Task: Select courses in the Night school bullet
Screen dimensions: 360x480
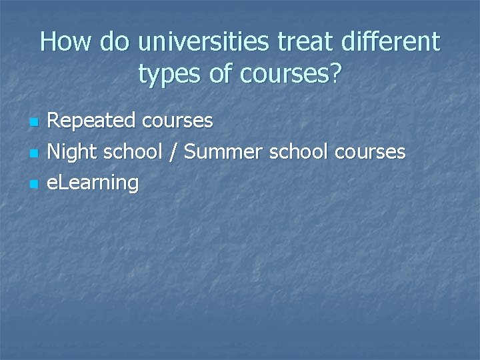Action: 371,152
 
